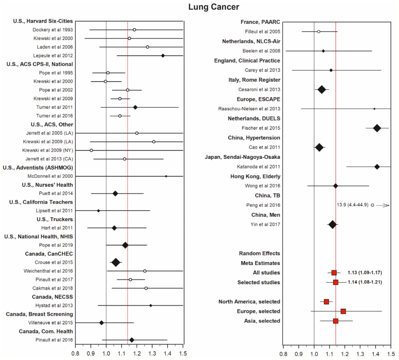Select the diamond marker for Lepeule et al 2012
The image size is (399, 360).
click(x=163, y=55)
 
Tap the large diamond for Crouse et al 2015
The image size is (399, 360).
click(x=116, y=263)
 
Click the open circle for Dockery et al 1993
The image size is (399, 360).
click(x=134, y=30)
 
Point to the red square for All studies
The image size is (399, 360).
click(x=334, y=273)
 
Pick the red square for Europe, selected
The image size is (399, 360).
click(x=343, y=311)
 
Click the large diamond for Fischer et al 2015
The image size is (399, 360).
click(x=377, y=128)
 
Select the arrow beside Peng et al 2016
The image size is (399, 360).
click(x=385, y=205)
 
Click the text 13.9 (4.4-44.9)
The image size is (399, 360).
click(x=352, y=205)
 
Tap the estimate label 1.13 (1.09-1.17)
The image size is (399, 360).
click(x=365, y=273)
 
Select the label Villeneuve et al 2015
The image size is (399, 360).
click(x=51, y=323)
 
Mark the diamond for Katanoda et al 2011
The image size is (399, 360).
click(x=377, y=167)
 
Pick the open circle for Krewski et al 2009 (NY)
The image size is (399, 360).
click(x=91, y=150)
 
